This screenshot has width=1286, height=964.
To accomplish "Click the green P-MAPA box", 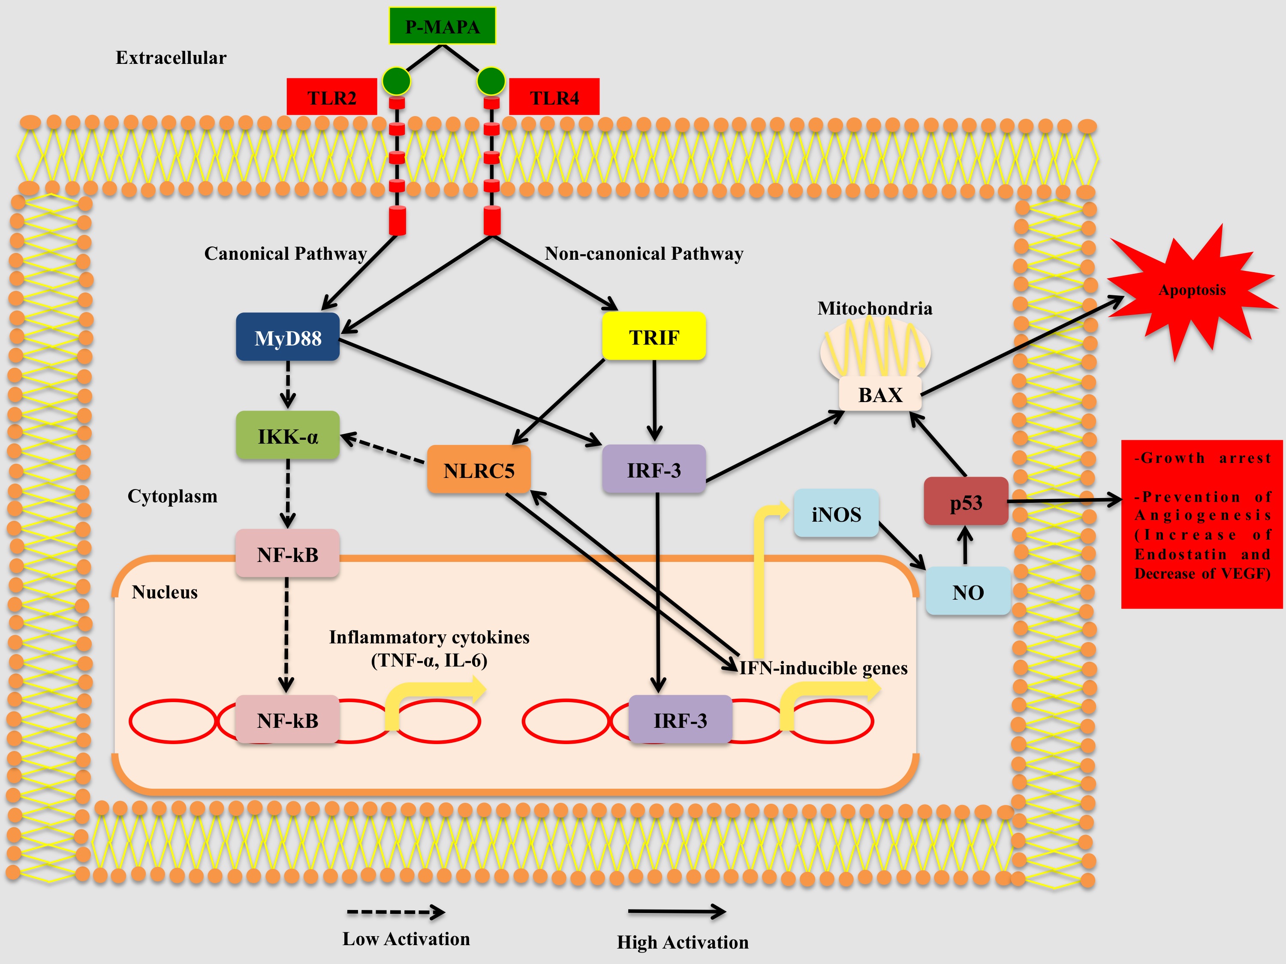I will point(442,26).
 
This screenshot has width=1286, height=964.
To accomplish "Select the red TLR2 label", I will point(331,98).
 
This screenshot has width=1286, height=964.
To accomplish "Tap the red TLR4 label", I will point(554,98).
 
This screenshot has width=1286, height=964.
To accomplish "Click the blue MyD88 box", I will point(288,338).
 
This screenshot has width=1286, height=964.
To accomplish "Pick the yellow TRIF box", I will point(654,336).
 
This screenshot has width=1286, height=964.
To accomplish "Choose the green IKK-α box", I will point(288,436).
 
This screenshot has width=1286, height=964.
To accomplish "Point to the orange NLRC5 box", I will point(479,470).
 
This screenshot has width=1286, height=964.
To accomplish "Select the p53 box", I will point(966,502).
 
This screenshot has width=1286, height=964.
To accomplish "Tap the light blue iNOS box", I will point(836,514).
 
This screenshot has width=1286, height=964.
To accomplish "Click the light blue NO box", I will point(968,592).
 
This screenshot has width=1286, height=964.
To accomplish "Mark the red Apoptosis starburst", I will point(1192,291).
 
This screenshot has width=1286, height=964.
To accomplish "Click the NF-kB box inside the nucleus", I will point(288,721).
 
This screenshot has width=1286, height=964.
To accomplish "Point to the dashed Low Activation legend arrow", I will point(395,912).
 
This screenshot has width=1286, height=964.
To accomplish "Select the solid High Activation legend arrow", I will point(677,912).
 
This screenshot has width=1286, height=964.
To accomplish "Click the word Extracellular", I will point(171,57).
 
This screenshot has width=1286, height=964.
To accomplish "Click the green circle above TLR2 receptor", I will point(397,81).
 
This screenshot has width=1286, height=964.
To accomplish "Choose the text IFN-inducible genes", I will point(823,668).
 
